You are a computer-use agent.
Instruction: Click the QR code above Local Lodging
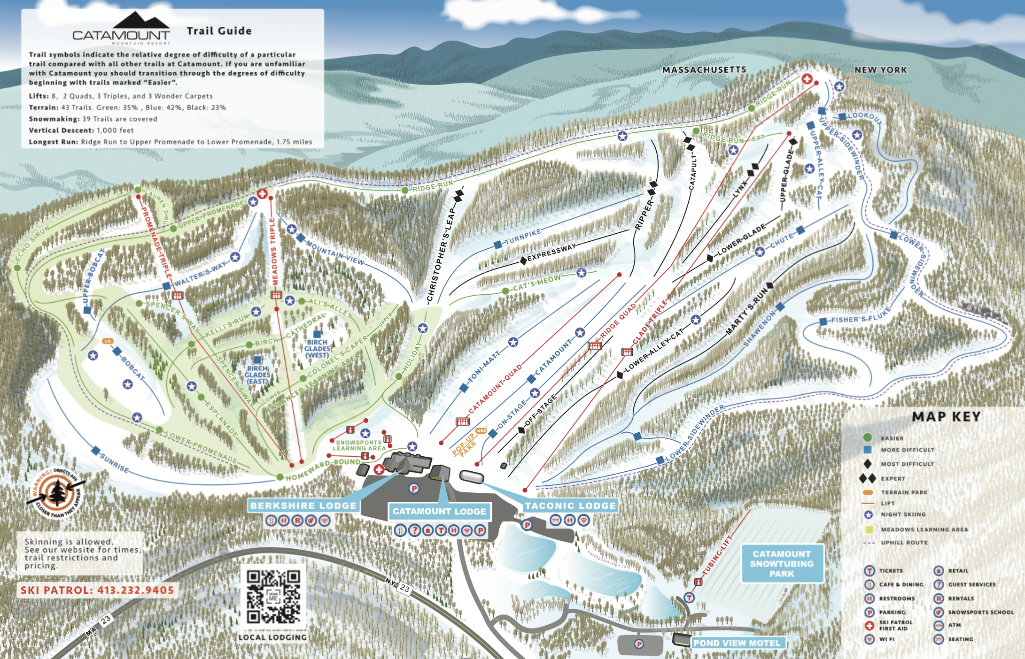273,597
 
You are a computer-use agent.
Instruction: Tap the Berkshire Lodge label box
303,506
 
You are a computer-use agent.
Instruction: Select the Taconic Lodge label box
570,506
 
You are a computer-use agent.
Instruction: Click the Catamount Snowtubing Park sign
782,564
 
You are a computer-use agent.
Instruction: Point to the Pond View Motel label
737,643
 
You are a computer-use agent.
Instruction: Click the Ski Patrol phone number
97,590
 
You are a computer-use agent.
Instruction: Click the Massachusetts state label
704,70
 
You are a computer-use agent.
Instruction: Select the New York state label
880,70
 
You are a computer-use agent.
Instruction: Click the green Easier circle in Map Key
868,437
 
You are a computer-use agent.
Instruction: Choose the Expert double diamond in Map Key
867,478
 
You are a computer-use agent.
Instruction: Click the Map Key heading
946,417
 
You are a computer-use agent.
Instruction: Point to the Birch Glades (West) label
317,349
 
